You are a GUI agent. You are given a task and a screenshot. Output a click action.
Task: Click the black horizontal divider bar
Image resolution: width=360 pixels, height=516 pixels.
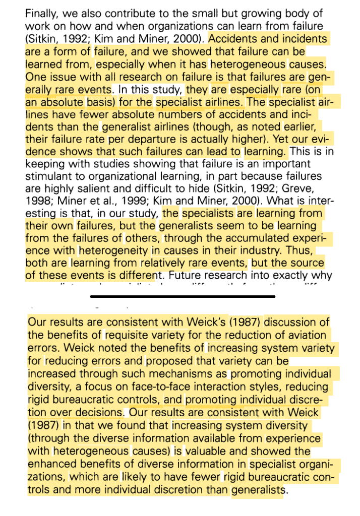point(183,296)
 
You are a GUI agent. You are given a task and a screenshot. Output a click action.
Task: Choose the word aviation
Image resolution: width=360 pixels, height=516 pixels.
point(308,335)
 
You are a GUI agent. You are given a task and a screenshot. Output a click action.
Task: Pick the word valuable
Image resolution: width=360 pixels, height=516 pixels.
point(215,450)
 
